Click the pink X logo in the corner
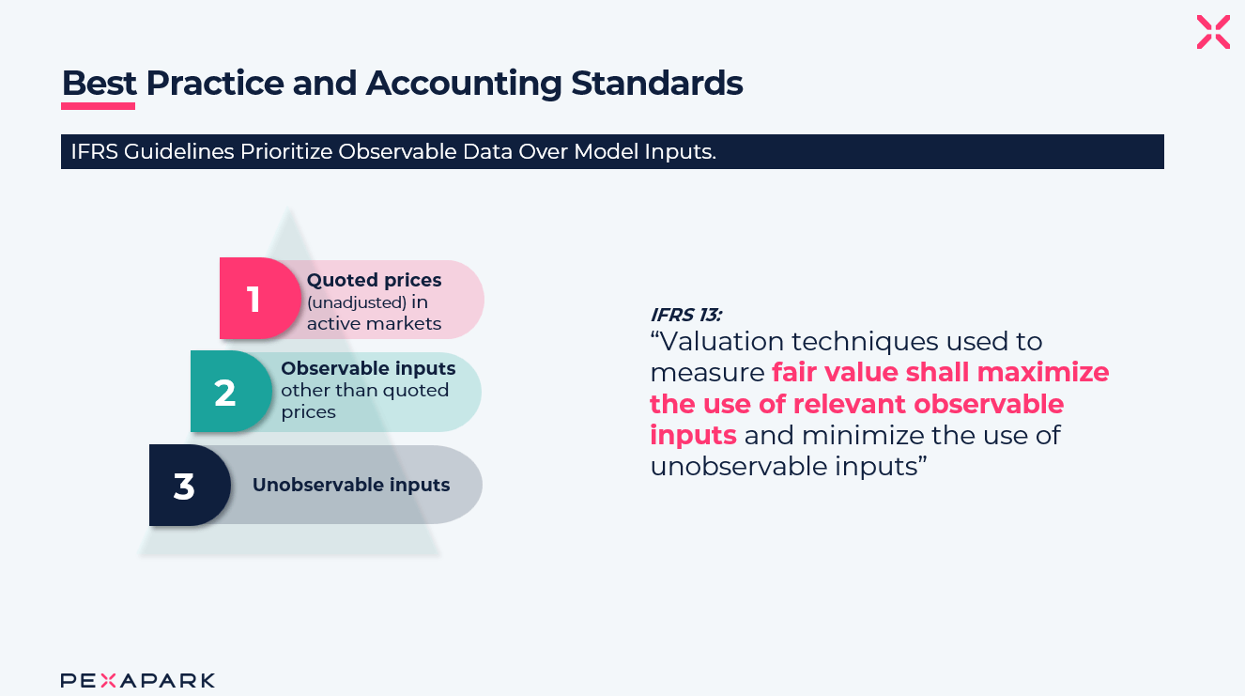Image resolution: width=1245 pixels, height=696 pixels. pyautogui.click(x=1213, y=32)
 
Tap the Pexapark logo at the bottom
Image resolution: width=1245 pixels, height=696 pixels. pyautogui.click(x=138, y=680)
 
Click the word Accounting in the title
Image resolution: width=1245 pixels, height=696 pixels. pyautogui.click(x=464, y=84)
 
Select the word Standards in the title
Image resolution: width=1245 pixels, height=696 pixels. pyautogui.click(x=657, y=84)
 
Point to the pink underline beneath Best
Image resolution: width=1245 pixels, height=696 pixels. pyautogui.click(x=98, y=105)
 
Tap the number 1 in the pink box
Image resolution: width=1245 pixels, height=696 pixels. pyautogui.click(x=254, y=300)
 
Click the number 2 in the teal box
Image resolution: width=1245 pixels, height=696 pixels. pyautogui.click(x=224, y=393)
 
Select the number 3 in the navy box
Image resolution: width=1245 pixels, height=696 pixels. pyautogui.click(x=184, y=487)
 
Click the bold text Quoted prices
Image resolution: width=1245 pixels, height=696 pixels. pyautogui.click(x=374, y=280)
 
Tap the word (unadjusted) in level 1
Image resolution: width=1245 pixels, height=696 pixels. pyautogui.click(x=357, y=302)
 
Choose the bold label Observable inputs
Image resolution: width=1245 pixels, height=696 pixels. pyautogui.click(x=368, y=368)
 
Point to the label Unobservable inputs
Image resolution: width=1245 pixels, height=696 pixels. pyautogui.click(x=351, y=485)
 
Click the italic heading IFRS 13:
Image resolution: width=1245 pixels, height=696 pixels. pyautogui.click(x=685, y=316)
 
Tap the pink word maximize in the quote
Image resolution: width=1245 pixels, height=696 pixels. pyautogui.click(x=1043, y=373)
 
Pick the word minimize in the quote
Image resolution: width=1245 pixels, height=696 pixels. pyautogui.click(x=863, y=435)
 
